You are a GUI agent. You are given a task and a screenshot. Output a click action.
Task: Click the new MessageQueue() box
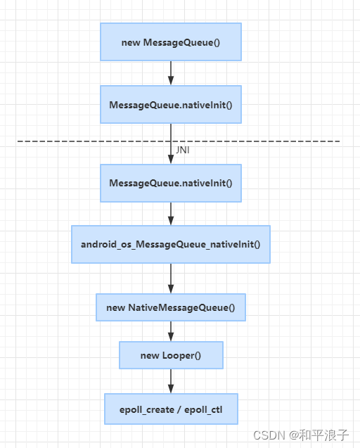[171, 42]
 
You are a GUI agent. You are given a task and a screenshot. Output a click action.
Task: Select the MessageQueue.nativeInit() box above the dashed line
[171, 105]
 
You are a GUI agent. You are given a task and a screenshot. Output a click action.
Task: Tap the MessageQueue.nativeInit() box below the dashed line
[171, 183]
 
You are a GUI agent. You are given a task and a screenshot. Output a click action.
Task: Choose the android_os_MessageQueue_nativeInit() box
[171, 245]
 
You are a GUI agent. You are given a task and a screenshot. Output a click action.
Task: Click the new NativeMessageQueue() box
[171, 307]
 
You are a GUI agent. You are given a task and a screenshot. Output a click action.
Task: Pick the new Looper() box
[171, 355]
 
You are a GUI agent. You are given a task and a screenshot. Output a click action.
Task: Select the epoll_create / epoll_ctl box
[171, 409]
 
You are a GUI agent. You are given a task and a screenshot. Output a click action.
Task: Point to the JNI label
[183, 151]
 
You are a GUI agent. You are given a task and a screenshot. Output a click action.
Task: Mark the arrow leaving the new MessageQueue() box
[171, 73]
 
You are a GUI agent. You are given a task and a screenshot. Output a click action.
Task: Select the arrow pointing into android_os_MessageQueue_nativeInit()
[171, 214]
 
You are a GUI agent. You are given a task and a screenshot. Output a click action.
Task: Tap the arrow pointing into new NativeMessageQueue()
[171, 279]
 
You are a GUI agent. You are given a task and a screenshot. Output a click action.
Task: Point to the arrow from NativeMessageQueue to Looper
[171, 331]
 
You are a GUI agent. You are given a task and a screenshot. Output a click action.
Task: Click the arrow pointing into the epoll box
[171, 381]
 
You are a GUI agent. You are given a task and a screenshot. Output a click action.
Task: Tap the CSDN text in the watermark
[268, 435]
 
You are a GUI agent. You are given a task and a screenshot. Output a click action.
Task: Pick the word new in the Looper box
[150, 355]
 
